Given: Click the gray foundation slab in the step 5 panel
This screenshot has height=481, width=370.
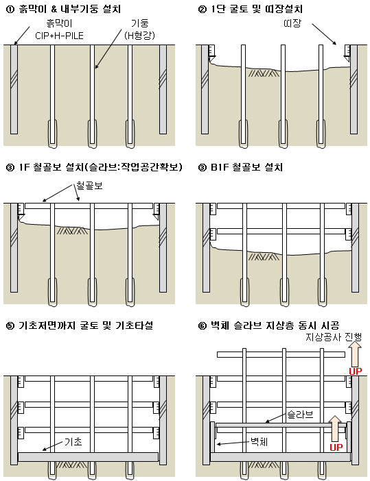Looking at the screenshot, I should point(89,456).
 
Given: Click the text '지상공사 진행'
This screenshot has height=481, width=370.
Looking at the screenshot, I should point(335,337).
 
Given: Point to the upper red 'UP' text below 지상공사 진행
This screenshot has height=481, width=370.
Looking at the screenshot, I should point(354,371).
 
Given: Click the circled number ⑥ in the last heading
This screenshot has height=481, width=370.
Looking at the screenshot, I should point(201,325).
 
